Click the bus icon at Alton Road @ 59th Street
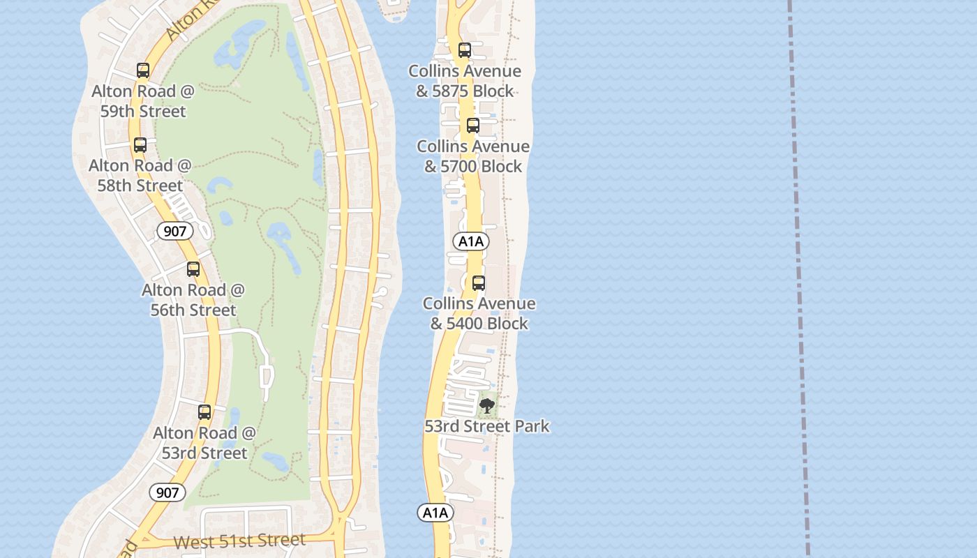(143, 70)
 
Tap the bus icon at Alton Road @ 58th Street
(140, 145)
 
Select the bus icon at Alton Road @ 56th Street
(193, 269)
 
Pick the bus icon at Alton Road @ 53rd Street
(204, 412)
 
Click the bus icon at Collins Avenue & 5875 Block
(465, 50)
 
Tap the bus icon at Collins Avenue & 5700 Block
(473, 126)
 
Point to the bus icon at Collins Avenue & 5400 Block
(479, 283)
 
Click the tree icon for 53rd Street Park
(487, 405)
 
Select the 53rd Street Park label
(487, 426)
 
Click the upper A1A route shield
(471, 241)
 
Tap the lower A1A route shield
(435, 513)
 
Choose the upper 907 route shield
(174, 231)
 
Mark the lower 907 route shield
(167, 492)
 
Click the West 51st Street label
(239, 541)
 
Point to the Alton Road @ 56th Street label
(193, 300)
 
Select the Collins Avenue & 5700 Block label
(473, 156)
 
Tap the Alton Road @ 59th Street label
(143, 101)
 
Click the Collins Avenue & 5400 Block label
(479, 313)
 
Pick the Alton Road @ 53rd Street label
(204, 443)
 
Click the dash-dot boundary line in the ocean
(798, 279)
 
